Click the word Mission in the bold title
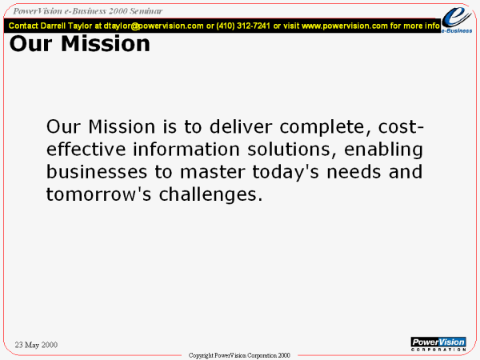coord(106,43)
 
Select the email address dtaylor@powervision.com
coord(154,26)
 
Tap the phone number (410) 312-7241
coord(243,26)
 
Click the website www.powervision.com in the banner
coord(345,26)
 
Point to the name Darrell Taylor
coord(66,26)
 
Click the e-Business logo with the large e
coord(457,19)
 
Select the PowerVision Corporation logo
coord(438,344)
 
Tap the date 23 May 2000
coord(36,345)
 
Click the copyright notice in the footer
coord(239,355)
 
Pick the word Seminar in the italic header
coord(146,11)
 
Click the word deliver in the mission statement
coord(241,126)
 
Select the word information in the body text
coord(186,149)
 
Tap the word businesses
coord(97,172)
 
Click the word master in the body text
coord(213,172)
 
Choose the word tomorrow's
coord(98,194)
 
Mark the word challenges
coord(210,194)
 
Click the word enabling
coord(383,150)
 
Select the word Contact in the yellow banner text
coord(23,26)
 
